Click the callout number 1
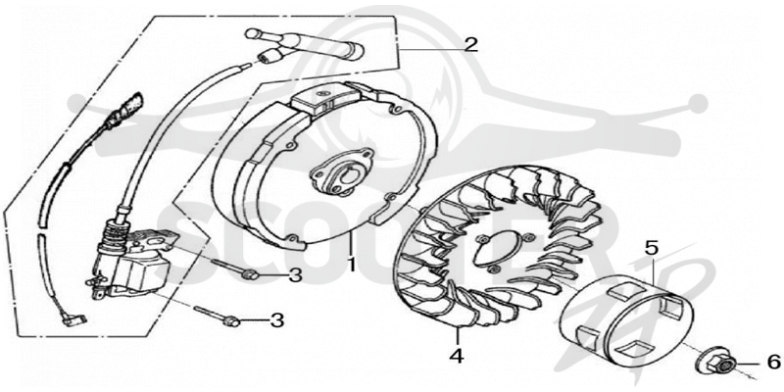pos(351,263)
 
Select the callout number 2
pos(470,45)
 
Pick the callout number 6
pos(773,361)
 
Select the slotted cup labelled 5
pos(627,317)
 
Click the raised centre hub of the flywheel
pos(341,173)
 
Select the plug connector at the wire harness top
pos(129,105)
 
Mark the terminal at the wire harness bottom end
pos(76,318)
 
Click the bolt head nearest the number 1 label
pos(251,273)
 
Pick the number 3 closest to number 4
pos(277,320)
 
